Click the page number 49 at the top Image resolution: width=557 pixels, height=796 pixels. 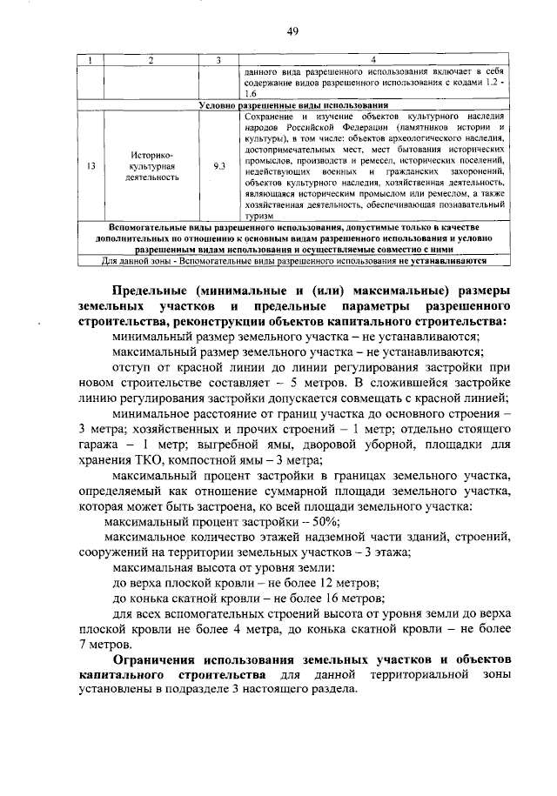tap(292, 32)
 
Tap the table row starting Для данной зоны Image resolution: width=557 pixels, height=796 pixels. tap(292, 259)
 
